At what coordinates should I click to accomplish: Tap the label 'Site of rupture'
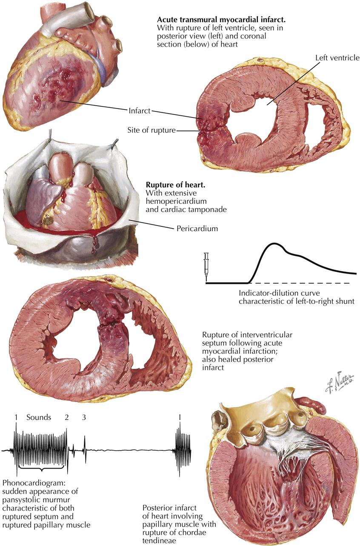151,131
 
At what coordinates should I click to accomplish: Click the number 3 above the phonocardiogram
84,417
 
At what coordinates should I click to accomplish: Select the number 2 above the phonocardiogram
67,417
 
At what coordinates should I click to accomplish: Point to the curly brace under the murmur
41,470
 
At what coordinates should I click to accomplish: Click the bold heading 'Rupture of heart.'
171,186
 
